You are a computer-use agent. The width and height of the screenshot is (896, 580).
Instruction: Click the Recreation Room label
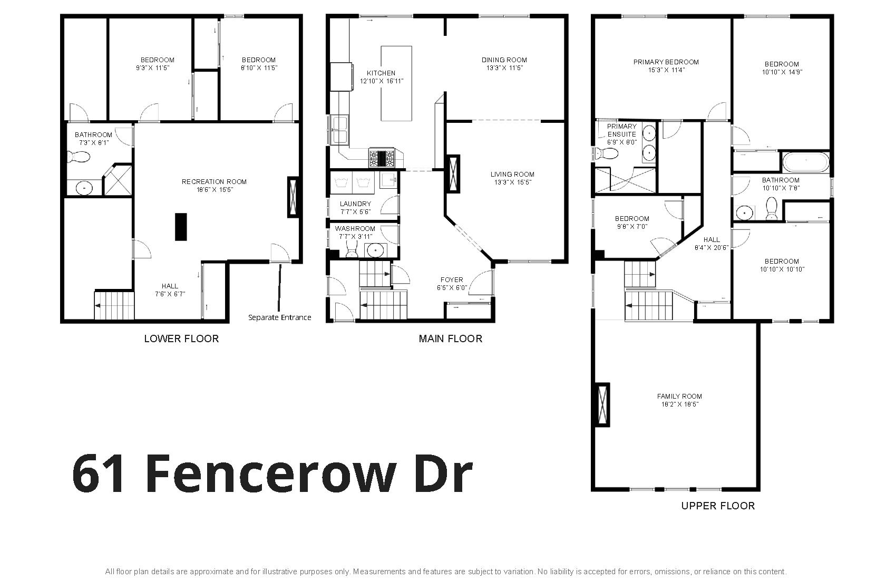[214, 182]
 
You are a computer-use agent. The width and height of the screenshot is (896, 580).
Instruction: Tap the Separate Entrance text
[279, 317]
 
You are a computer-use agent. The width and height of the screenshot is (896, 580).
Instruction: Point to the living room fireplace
[453, 174]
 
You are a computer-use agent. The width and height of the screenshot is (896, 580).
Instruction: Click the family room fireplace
[602, 404]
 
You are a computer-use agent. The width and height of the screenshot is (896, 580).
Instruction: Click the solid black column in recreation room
[181, 227]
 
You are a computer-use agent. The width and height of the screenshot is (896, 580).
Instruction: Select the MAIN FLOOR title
[451, 339]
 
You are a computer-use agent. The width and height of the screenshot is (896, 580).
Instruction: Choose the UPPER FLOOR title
[718, 506]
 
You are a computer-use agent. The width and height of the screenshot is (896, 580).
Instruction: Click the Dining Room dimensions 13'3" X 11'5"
[504, 68]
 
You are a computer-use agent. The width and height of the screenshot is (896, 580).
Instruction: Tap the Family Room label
[679, 397]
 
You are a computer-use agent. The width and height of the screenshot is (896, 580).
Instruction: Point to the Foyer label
[452, 280]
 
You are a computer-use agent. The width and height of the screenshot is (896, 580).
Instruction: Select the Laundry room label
[355, 204]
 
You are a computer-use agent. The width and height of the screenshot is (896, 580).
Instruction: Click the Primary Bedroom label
[666, 62]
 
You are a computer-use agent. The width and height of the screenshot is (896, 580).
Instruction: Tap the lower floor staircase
[114, 305]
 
